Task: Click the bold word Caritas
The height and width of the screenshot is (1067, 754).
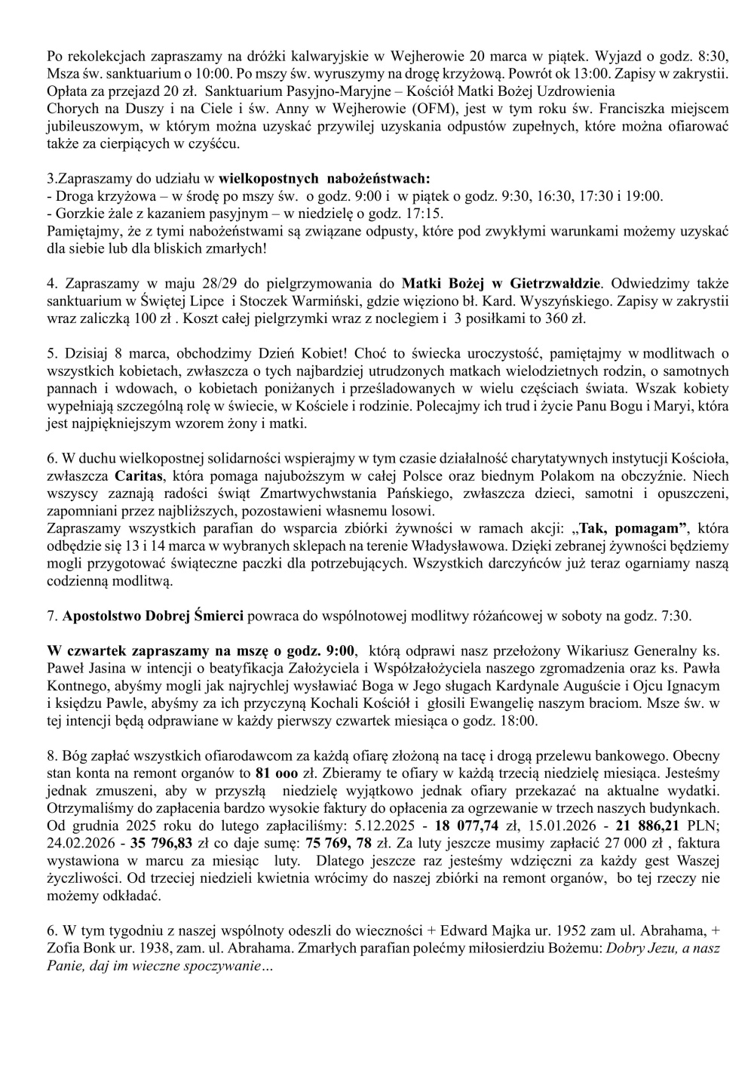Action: tap(140, 476)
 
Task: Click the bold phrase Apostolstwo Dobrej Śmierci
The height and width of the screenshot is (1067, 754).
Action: tap(153, 616)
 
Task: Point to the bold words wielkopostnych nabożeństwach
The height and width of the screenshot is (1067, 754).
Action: tap(325, 180)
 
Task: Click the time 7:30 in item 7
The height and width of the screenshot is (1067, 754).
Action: tap(675, 616)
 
